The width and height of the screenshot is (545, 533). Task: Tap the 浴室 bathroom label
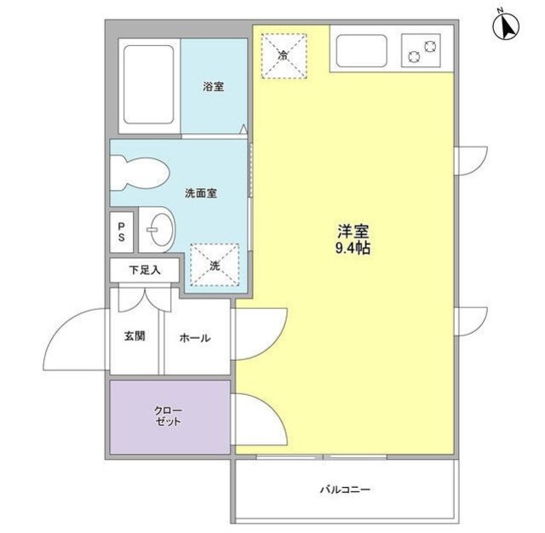[x=213, y=87]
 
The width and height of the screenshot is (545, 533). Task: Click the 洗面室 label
[x=201, y=193]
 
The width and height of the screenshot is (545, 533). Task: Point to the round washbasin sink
[x=158, y=228]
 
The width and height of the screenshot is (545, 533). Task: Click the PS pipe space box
[x=122, y=232]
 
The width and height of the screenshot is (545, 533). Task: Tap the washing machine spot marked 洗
[x=215, y=265]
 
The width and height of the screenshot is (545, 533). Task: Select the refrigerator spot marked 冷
[x=283, y=55]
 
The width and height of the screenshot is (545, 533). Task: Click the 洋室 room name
[x=353, y=232]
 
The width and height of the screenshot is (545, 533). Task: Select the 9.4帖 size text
[x=353, y=249]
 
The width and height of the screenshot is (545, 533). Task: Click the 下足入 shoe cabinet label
[x=143, y=270]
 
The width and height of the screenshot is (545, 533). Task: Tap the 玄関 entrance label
[x=135, y=336]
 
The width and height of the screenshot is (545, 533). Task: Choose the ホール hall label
[x=194, y=337]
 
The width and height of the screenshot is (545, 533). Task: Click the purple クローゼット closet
[x=169, y=416]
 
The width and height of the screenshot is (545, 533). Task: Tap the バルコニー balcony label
[x=345, y=490]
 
